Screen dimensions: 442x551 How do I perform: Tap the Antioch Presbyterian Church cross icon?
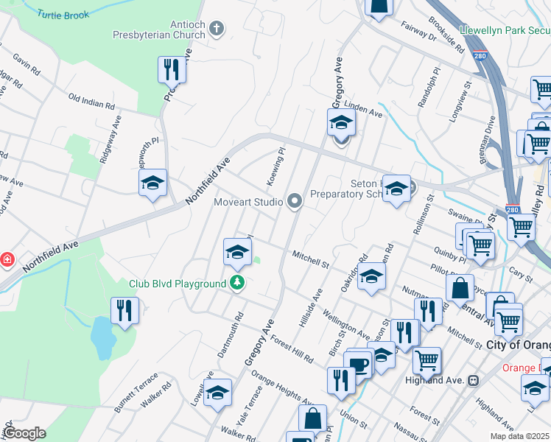tap(216, 29)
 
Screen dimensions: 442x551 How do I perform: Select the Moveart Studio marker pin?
tap(295, 200)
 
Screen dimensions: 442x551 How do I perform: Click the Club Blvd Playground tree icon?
tap(237, 283)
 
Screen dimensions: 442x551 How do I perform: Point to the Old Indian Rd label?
tap(91, 101)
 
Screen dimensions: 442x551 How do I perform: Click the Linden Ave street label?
tap(362, 110)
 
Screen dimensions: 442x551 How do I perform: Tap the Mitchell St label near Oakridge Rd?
tap(310, 256)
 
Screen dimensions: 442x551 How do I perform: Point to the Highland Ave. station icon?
tap(473, 381)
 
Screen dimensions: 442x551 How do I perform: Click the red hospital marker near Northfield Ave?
tap(7, 259)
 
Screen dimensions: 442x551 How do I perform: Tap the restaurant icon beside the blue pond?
tap(124, 310)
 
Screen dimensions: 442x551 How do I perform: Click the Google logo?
tap(24, 433)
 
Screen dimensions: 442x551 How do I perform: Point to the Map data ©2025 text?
tap(520, 436)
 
